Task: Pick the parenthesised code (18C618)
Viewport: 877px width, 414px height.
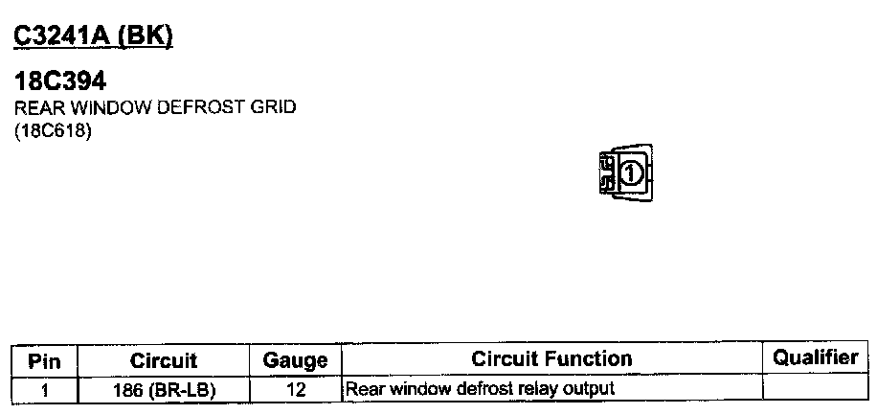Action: pos(53,131)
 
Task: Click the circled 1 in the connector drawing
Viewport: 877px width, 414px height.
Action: pos(630,173)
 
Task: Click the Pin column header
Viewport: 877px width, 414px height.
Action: pos(44,361)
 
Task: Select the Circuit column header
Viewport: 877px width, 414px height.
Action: pos(164,361)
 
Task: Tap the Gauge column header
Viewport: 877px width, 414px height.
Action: pos(295,361)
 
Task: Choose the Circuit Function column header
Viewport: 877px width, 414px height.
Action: pos(551,359)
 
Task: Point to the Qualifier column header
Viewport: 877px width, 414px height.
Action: pos(816,358)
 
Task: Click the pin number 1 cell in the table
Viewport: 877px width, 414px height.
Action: pos(44,389)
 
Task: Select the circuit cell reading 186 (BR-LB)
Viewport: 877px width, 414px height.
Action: pos(164,389)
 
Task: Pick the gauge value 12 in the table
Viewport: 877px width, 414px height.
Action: pos(295,389)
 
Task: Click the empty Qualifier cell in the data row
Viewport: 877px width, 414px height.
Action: pos(816,389)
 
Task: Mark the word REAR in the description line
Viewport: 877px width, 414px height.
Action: pos(33,107)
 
